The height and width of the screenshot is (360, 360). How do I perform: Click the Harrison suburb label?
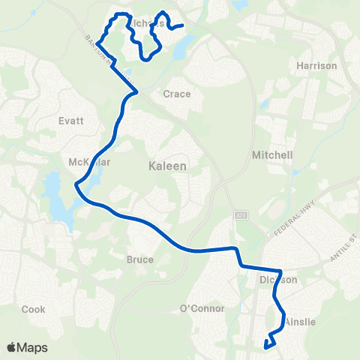pyautogui.click(x=316, y=66)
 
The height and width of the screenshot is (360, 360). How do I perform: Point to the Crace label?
pyautogui.click(x=177, y=94)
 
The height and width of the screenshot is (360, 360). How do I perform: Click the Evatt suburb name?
pyautogui.click(x=69, y=120)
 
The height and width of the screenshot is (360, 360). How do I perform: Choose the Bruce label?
pyautogui.click(x=140, y=259)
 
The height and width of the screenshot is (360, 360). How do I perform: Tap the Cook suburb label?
pyautogui.click(x=33, y=309)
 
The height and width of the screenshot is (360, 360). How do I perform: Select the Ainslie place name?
pyautogui.click(x=300, y=322)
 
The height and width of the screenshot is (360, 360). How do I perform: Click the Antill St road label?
pyautogui.click(x=341, y=251)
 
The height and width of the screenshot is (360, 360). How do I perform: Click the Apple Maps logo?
pyautogui.click(x=27, y=347)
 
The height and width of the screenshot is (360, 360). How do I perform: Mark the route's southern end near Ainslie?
pyautogui.click(x=266, y=346)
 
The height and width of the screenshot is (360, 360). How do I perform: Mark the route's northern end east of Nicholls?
pyautogui.click(x=183, y=26)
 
